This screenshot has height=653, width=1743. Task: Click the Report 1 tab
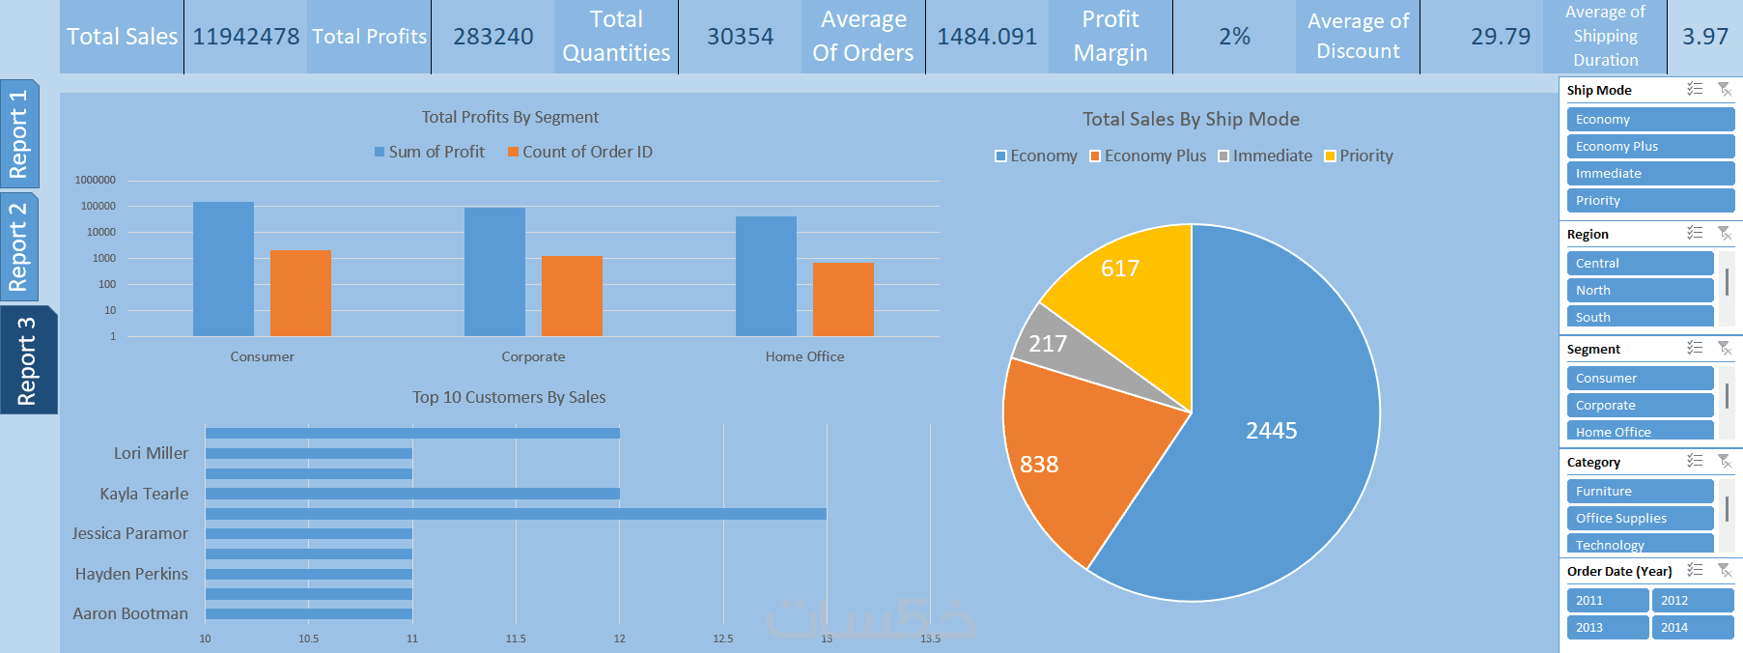[x=19, y=133]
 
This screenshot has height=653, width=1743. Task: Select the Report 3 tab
[x=27, y=360]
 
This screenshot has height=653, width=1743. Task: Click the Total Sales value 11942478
[x=245, y=37]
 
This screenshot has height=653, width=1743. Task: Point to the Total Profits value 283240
[x=492, y=37]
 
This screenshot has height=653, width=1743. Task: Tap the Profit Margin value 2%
[x=1234, y=37]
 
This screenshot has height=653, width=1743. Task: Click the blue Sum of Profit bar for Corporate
[x=494, y=271]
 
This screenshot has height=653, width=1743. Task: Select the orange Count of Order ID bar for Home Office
[x=843, y=299]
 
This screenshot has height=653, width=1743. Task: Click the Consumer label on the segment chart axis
[x=262, y=356]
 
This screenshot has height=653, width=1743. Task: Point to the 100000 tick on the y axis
[x=98, y=206]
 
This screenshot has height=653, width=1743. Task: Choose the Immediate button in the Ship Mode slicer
[x=1649, y=173]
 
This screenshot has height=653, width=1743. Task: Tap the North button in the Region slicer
[x=1639, y=290]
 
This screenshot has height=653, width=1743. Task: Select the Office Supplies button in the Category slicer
[x=1639, y=518]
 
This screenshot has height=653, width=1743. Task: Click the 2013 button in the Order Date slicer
[x=1607, y=627]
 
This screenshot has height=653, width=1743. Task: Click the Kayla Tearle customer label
[x=144, y=494]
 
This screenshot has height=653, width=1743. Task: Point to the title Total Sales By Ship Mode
[x=1191, y=119]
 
